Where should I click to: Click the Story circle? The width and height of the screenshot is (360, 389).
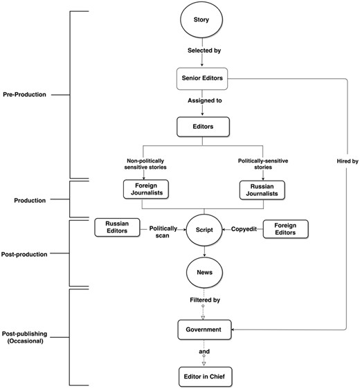point(201,19)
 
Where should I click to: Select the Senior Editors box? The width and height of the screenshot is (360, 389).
point(202,78)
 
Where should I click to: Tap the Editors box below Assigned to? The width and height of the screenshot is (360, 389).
point(203,127)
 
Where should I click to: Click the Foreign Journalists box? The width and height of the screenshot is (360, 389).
point(146,189)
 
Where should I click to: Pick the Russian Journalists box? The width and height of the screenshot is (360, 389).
point(262,190)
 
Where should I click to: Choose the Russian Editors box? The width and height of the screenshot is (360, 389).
point(117,227)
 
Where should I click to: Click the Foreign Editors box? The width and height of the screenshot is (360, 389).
point(285,229)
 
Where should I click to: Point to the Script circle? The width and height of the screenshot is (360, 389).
point(204,230)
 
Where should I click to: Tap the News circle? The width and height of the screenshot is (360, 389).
point(204,273)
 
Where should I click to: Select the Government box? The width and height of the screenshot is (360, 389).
point(204,329)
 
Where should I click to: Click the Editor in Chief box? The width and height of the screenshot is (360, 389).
point(206,377)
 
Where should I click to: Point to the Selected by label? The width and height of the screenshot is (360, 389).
point(204,51)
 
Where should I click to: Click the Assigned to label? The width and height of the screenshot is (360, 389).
point(205,101)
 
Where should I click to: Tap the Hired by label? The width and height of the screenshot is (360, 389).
point(348,161)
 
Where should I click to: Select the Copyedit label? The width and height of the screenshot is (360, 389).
point(244,229)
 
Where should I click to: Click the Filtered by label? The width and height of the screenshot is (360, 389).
point(205,300)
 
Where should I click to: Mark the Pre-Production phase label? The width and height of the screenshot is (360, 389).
point(24,95)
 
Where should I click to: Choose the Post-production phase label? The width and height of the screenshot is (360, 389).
point(24,254)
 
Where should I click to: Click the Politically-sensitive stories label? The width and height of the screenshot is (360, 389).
point(263,164)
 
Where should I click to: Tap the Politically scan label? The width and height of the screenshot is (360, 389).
point(163,232)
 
